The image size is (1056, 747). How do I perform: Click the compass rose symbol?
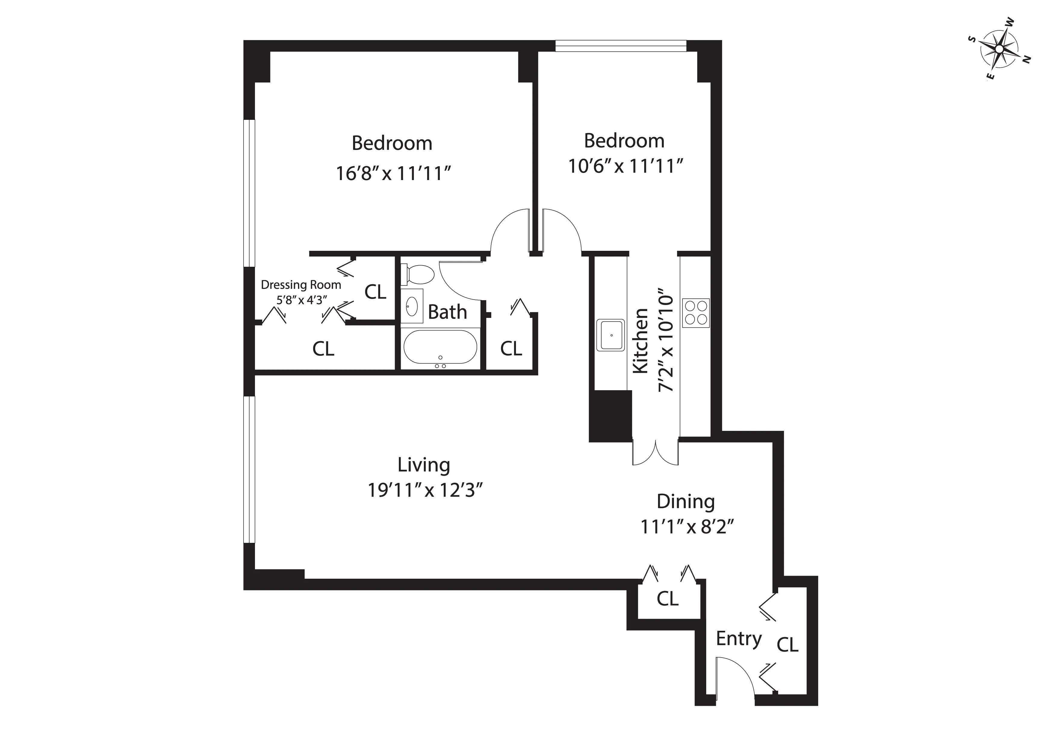coord(999,49)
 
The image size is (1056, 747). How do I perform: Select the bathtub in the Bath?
coord(440,347)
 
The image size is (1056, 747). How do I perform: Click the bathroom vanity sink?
coord(412,306)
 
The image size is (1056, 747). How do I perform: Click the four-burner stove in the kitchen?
coord(695,313)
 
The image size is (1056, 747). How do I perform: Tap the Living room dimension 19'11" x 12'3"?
coord(424,490)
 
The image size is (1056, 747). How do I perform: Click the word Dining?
coord(685,501)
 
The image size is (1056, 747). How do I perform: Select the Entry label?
coord(739,639)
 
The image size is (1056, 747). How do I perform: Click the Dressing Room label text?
coord(301,285)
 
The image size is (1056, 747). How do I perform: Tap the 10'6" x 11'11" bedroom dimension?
coord(625,166)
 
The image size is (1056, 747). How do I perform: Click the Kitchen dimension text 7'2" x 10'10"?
coord(666,341)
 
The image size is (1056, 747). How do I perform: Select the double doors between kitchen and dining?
coord(655,453)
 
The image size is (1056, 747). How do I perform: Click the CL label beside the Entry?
coord(787,645)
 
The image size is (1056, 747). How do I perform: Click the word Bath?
coord(447,312)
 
